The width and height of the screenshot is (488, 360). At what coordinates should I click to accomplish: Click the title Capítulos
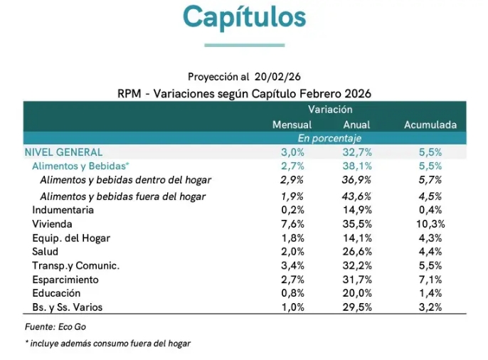244,16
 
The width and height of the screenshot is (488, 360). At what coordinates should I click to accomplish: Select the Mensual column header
292,125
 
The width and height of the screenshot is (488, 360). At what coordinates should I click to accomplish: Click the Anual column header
356,125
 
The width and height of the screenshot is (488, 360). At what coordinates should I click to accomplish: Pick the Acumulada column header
430,125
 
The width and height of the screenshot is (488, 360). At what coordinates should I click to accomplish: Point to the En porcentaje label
329,138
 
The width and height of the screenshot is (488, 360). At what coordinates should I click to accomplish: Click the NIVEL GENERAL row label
63,152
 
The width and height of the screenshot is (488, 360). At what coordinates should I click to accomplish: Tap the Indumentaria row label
63,210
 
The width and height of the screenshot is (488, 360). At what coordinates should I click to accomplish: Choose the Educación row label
56,293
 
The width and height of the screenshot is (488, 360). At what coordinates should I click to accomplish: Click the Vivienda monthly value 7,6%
292,224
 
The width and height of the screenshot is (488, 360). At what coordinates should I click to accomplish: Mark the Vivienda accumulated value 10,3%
430,224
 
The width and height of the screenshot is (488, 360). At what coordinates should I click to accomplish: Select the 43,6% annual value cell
357,196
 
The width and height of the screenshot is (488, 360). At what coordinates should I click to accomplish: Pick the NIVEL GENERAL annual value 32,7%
357,152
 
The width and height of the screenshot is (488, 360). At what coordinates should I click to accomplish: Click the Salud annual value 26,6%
357,252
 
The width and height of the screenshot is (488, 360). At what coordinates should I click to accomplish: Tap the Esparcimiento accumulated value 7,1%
430,280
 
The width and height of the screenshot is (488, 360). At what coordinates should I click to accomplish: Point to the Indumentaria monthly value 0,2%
292,210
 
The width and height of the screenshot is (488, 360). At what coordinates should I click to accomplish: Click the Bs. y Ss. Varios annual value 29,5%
357,307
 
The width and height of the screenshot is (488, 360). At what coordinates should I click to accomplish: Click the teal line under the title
244,45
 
